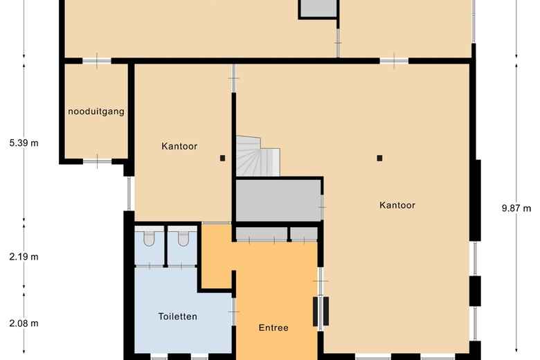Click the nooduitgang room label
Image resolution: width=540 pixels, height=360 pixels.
tap(96, 111)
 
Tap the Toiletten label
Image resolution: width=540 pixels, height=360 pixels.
tap(178, 316)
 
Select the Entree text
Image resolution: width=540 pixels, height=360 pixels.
tap(273, 328)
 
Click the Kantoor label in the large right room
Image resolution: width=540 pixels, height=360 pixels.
tap(397, 205)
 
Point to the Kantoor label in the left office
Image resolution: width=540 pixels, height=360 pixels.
tap(180, 146)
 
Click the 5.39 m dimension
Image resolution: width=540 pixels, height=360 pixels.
tap(24, 143)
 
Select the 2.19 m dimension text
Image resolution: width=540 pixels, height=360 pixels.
tap(24, 257)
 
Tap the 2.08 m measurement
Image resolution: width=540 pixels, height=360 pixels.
tap(24, 323)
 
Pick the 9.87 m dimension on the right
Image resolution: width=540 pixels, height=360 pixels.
tap(516, 208)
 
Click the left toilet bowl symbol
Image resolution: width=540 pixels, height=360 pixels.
tap(149, 239)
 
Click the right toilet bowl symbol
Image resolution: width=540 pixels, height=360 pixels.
tap(183, 239)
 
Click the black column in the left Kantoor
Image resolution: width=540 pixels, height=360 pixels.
tap(222, 158)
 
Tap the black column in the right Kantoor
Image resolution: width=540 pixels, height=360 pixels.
tap(379, 158)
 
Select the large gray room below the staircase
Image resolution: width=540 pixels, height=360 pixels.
tap(278, 201)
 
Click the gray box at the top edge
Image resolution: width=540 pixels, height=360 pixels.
tap(318, 8)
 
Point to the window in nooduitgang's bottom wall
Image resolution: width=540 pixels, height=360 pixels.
tap(97, 161)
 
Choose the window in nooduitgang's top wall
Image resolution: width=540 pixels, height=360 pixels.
tap(97, 61)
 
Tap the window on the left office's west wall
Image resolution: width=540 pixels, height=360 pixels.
tap(129, 193)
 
